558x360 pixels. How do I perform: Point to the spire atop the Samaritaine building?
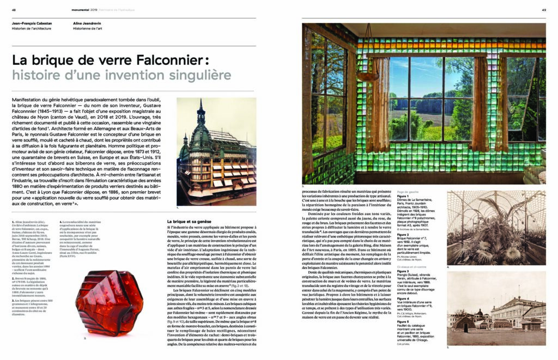pos(201,112)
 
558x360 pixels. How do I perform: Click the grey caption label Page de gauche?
pos(410,192)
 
